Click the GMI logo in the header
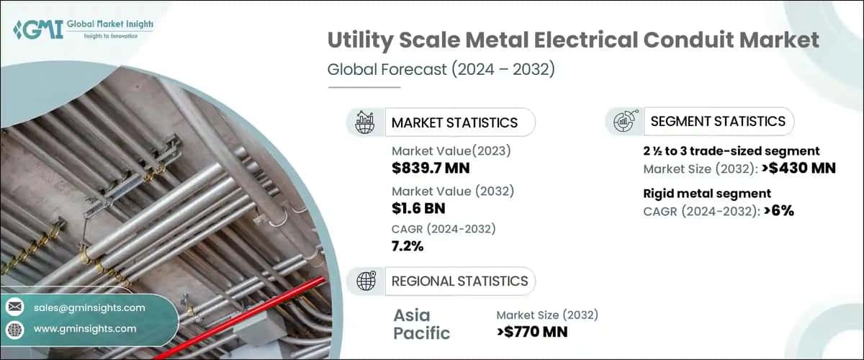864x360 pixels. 37,29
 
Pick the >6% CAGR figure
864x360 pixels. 778,210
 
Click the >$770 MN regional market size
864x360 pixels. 532,331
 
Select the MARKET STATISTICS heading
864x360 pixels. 454,122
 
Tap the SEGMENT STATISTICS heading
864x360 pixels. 718,122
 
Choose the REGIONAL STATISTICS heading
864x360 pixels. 459,281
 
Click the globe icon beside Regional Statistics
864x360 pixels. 366,281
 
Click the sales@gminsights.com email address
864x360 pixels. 89,307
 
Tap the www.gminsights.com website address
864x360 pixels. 85,328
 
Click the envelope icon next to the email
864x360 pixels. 14,307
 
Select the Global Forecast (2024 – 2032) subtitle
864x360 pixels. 441,70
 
